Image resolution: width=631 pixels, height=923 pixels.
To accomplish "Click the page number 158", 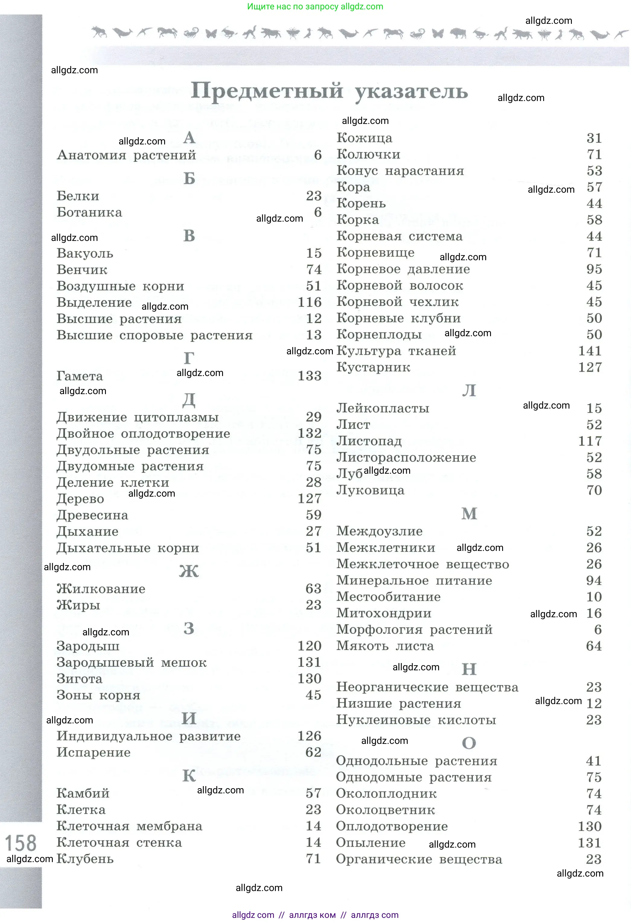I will pos(20,843).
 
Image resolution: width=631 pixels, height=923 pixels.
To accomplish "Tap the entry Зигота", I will pos(79,679).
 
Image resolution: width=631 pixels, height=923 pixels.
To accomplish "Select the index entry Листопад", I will pos(369,441).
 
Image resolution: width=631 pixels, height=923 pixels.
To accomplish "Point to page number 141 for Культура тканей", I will pos(590,351).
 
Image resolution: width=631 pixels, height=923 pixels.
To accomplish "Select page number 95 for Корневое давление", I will pos(594,269).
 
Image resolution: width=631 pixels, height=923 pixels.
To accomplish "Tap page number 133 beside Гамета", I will pos(310,376).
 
